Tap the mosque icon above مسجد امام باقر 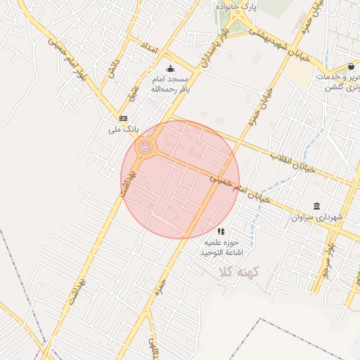coord(169,69)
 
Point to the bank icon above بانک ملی coord(123,118)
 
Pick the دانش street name coord(111,68)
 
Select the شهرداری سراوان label coord(319,218)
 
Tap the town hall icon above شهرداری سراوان coord(318,207)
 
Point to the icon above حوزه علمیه coord(221,231)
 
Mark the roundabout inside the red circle coord(146,148)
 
